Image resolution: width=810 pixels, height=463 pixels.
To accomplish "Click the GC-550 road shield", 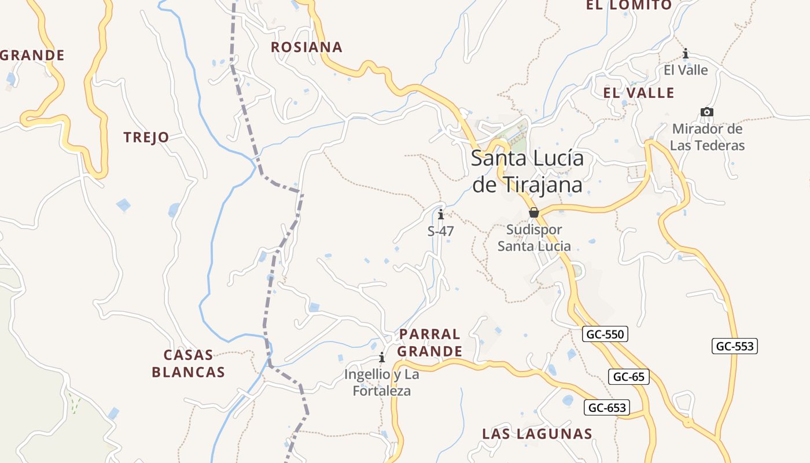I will coord(606,334).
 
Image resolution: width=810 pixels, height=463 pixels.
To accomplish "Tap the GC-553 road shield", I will coord(735,346).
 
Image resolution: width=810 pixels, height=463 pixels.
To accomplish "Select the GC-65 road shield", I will coord(629,377).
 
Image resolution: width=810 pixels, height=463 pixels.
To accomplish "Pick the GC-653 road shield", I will coord(607,407).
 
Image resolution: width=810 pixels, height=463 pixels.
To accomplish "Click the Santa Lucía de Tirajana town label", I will coord(527,171).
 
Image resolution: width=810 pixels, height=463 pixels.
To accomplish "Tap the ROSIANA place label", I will coord(307,47).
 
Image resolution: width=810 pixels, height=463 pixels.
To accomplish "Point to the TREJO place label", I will coord(146,138).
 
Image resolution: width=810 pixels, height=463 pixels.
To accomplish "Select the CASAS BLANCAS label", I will coord(188,363).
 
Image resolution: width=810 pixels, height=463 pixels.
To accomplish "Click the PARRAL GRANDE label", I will coord(430,343).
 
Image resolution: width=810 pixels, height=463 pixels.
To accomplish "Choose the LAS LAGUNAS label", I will coord(537,434).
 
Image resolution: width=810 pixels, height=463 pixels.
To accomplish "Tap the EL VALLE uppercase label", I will coord(639,93).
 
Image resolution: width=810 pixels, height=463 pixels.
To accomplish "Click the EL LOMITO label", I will coord(629,6).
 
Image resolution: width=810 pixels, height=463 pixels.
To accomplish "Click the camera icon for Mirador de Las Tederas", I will coord(706,112).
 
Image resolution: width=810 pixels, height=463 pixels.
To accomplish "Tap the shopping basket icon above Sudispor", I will coord(534,212).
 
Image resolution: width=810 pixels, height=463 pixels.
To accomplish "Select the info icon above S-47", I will coord(441,215).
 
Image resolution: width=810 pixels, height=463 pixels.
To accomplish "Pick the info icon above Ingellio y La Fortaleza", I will coord(381,358).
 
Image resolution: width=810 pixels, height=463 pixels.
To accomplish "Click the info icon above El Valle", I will coord(686,54).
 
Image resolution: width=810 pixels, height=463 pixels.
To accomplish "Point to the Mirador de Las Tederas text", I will coord(707,137).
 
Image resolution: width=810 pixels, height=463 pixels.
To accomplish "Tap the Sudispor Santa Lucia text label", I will coord(534,238).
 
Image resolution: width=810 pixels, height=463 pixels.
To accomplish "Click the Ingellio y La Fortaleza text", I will coord(382,383).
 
